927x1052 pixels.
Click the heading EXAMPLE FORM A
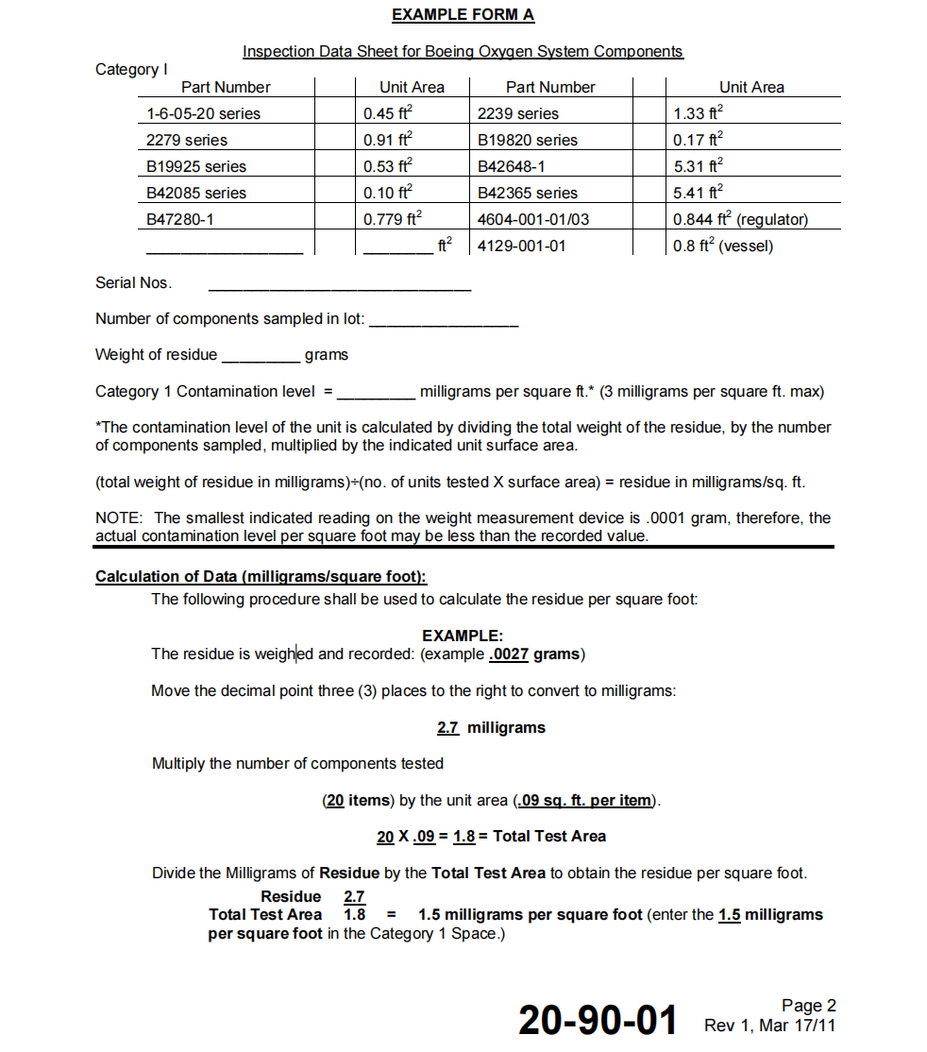click(x=463, y=15)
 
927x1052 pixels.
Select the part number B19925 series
click(x=196, y=166)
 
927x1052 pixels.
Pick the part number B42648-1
click(x=512, y=166)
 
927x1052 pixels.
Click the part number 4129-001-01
click(x=522, y=246)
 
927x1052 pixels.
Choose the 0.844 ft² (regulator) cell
click(x=740, y=219)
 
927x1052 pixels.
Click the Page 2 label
click(x=808, y=1006)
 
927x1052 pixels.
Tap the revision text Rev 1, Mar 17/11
click(x=769, y=1026)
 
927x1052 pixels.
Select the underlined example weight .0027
click(x=509, y=654)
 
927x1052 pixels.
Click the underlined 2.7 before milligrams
click(x=447, y=728)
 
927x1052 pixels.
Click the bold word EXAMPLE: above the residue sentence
click(x=463, y=636)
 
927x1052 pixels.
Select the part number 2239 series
click(x=518, y=113)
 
